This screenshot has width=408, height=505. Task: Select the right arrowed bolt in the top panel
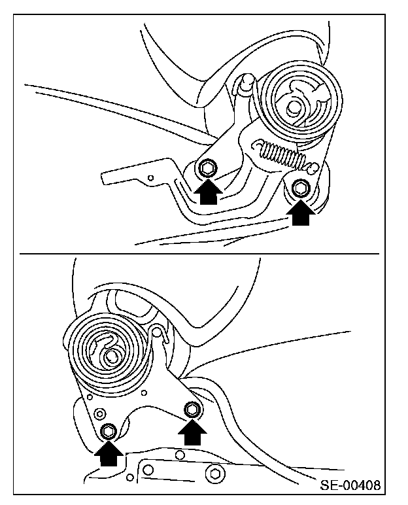[300, 188]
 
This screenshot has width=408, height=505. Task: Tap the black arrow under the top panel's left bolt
[208, 192]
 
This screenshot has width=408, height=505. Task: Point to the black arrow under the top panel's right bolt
[300, 213]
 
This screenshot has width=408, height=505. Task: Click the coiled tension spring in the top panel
[280, 154]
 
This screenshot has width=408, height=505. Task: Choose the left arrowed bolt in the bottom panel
[109, 431]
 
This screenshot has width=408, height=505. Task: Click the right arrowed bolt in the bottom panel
[193, 410]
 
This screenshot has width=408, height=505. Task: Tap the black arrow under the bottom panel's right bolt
[193, 433]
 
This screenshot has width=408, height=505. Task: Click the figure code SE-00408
[350, 487]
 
